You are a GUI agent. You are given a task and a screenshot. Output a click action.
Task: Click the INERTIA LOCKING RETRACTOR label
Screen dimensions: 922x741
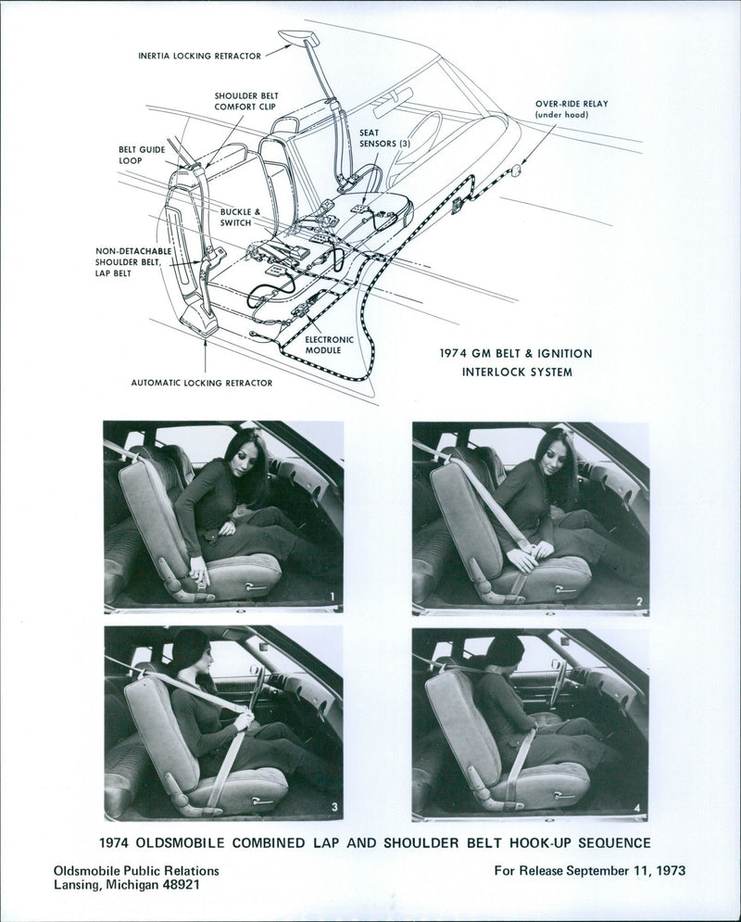pos(199,56)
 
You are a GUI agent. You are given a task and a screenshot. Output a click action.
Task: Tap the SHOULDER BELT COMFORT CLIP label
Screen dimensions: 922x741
pos(246,101)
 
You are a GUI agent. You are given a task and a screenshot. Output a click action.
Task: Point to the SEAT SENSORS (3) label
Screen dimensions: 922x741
pos(383,138)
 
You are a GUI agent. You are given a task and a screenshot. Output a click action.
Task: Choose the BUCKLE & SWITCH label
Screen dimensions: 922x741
pos(241,217)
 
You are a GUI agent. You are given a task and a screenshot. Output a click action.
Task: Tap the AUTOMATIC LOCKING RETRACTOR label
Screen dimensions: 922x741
pos(202,383)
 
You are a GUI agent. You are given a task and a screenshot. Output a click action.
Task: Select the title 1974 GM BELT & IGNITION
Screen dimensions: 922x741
pos(516,353)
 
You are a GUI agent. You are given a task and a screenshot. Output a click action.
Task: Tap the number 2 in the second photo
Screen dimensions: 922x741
pos(639,601)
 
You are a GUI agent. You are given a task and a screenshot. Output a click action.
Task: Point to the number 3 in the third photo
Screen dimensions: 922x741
pos(334,808)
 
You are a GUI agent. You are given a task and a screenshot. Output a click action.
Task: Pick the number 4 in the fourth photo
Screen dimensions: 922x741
pos(637,808)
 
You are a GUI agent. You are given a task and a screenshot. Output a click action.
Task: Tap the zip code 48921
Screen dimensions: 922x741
pos(178,884)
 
